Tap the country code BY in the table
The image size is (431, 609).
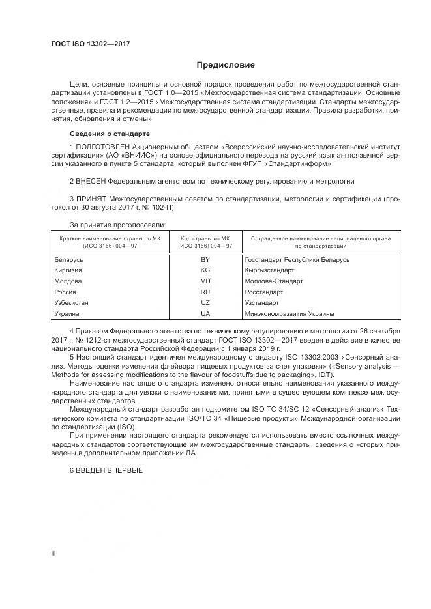[205, 259]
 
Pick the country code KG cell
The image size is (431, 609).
[205, 270]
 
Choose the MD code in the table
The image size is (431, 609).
[205, 281]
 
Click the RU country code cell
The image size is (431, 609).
[205, 292]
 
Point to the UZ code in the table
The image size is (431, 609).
[205, 303]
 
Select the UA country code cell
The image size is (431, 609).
[205, 314]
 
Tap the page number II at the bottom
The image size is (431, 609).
[53, 553]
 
